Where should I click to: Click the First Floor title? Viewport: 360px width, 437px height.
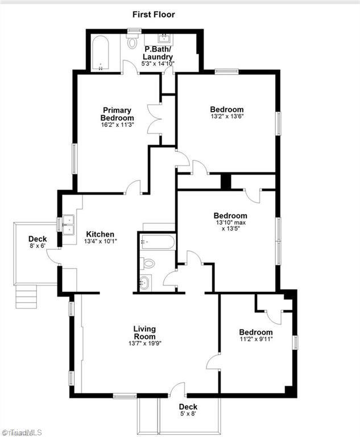click(x=154, y=14)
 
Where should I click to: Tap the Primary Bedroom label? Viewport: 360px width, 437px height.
click(x=117, y=114)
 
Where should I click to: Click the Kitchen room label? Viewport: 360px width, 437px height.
click(x=100, y=234)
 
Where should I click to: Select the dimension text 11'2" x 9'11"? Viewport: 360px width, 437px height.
click(x=255, y=340)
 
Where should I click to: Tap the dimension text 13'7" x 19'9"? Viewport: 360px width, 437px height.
click(x=144, y=343)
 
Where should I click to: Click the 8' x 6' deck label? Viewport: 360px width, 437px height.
click(x=38, y=246)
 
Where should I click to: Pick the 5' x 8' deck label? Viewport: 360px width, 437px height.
click(x=188, y=414)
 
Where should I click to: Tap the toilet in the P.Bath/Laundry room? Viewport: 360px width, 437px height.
click(x=133, y=41)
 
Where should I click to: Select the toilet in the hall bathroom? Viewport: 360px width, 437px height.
click(x=148, y=263)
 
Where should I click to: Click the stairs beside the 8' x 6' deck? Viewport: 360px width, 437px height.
click(x=26, y=295)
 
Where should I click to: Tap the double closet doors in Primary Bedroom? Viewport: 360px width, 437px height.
click(x=154, y=119)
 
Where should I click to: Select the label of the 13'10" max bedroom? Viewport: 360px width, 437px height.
click(x=230, y=216)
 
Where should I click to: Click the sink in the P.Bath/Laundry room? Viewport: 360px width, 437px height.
click(x=165, y=39)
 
